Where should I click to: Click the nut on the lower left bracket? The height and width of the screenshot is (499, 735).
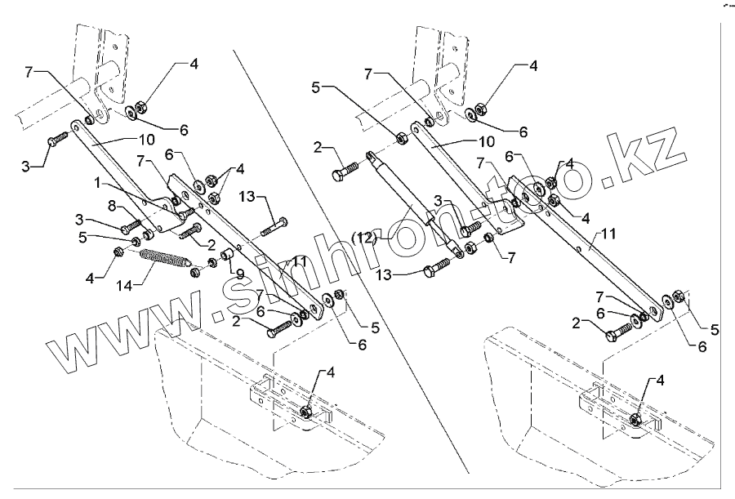coord(306,411)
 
